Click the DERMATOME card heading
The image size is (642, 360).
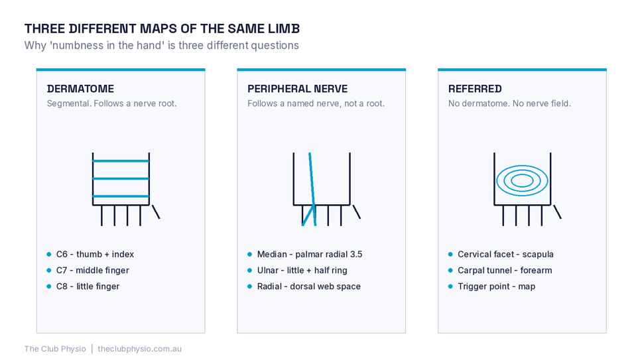[80, 89]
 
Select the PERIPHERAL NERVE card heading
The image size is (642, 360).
[297, 89]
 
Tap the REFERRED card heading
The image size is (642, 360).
[475, 89]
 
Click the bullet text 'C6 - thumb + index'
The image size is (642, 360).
[95, 254]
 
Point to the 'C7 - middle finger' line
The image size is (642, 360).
[93, 270]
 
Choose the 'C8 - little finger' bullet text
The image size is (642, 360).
[88, 286]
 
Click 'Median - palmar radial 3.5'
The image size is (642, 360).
[310, 254]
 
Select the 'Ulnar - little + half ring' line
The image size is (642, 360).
[302, 270]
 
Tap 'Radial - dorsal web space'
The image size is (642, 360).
[308, 286]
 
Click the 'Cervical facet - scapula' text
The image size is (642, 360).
[505, 254]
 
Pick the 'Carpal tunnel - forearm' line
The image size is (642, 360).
[505, 270]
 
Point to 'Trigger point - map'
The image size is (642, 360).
[496, 286]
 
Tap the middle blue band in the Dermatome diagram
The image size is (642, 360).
[121, 179]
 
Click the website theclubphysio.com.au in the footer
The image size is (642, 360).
[139, 349]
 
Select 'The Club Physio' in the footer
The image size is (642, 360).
[55, 349]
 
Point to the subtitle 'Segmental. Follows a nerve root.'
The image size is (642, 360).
[112, 103]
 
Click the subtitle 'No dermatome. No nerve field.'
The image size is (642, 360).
[509, 103]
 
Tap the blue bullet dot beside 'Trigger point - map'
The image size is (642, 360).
[450, 286]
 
